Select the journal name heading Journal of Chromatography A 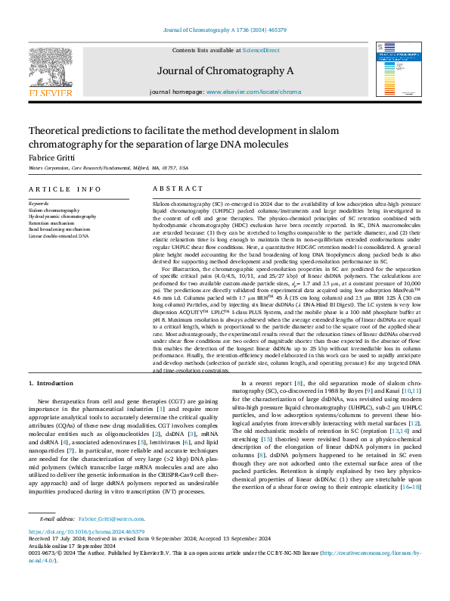pos(224,70)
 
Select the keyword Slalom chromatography pos(54,210)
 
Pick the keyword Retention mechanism pos(51,223)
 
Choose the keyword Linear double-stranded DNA pos(58,235)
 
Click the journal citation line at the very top pos(225,30)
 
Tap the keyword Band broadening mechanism pos(59,229)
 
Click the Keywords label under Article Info pos(39,204)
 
